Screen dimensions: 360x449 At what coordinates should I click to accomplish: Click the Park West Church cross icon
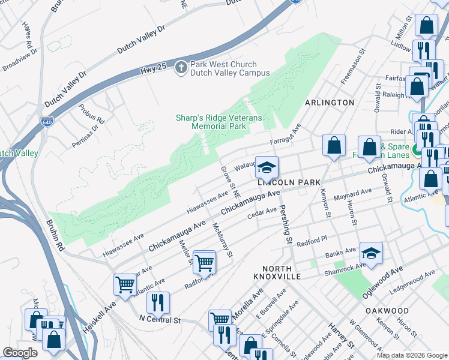[181, 68]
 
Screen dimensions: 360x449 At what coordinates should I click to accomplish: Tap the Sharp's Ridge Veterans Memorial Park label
[218, 122]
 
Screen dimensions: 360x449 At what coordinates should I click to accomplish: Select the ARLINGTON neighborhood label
[330, 103]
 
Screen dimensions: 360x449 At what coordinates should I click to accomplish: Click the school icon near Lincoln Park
[267, 166]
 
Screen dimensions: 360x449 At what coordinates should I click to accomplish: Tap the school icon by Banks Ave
[371, 253]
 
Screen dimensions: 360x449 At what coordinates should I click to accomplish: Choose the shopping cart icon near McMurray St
[205, 262]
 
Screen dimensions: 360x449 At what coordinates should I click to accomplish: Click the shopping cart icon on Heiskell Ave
[125, 284]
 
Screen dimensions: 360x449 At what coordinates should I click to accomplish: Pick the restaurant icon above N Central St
[158, 302]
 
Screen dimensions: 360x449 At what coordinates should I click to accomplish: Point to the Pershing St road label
[285, 221]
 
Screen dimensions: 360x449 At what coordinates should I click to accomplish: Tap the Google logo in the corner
[20, 353]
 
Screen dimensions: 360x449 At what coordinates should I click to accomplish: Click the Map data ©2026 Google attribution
[411, 355]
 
